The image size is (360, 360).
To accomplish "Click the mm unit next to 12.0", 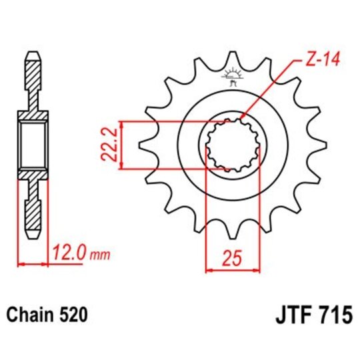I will point(97,255).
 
